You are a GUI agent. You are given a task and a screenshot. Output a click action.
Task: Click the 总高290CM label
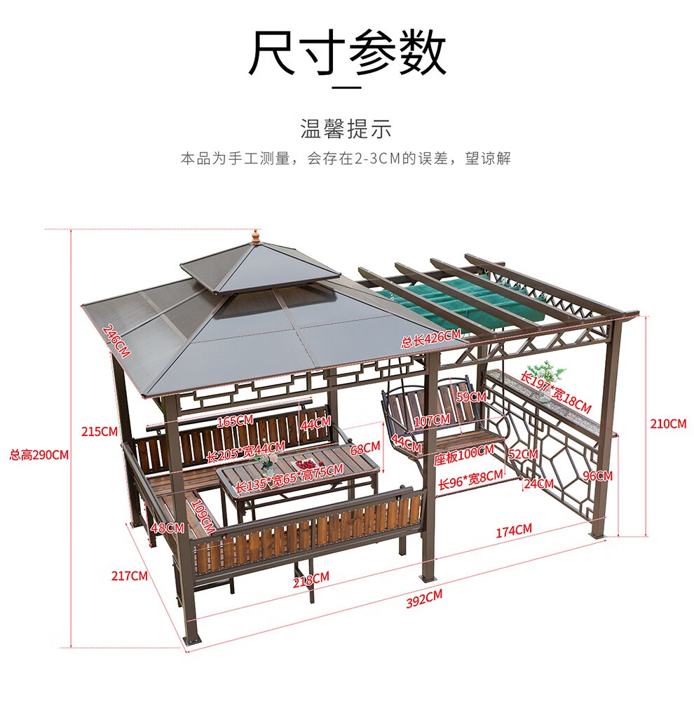point(39,454)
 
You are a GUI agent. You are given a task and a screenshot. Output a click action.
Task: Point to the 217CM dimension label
point(130,576)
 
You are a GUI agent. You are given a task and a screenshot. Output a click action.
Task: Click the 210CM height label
point(668,423)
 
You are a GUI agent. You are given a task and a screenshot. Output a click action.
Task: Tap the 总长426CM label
point(430,339)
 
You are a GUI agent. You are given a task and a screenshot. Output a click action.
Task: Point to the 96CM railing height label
point(598,475)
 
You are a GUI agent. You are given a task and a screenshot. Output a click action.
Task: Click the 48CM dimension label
point(168,528)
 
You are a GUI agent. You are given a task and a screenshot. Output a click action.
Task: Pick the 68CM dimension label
point(365,447)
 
